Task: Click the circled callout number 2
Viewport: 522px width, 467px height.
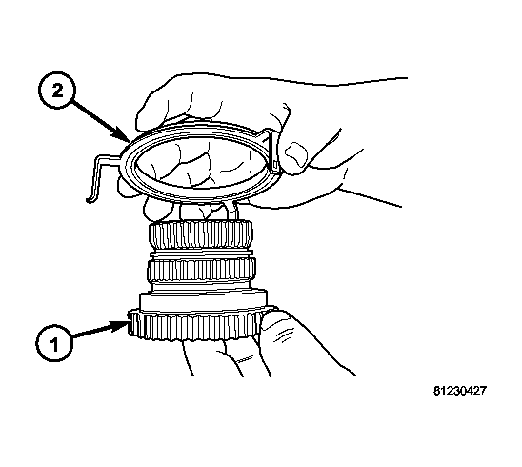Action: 57,90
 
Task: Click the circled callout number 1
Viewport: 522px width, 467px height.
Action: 54,343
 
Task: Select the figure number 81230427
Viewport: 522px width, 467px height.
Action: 460,391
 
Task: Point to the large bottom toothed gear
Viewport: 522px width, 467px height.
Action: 194,327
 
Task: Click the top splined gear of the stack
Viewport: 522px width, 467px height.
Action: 201,234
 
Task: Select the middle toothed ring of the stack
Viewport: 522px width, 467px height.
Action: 201,270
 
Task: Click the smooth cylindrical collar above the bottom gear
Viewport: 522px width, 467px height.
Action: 203,300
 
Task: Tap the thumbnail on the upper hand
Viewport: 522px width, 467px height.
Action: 295,154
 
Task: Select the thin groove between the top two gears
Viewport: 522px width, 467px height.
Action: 201,254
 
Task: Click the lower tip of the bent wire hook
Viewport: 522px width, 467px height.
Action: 88,200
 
